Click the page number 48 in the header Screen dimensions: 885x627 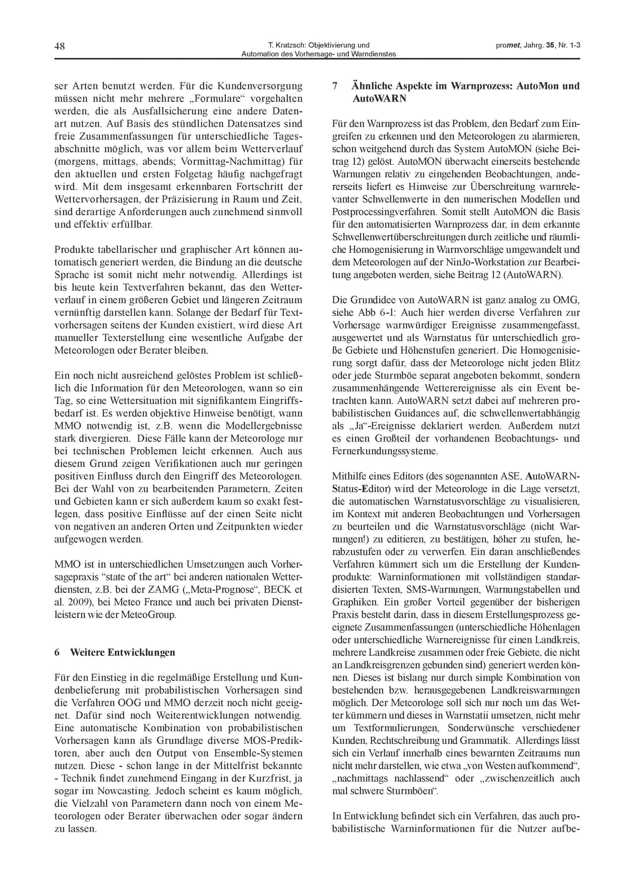point(60,46)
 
